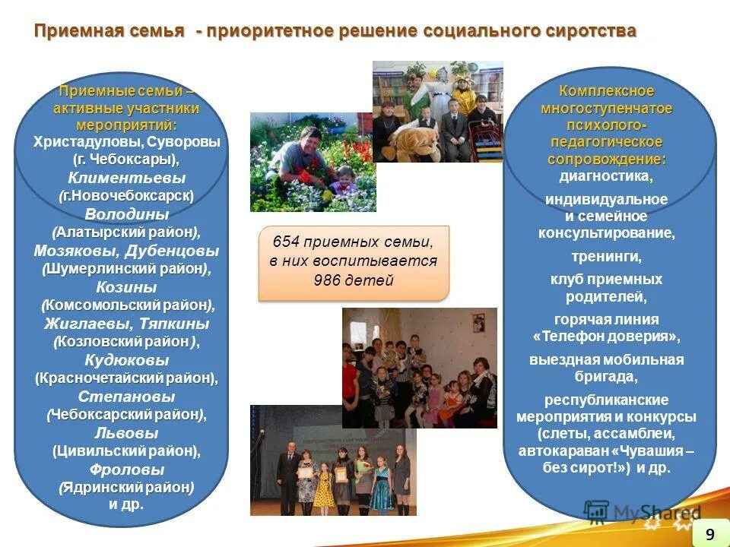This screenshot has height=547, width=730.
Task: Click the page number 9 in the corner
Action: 709,534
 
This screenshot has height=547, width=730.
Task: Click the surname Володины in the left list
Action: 127,214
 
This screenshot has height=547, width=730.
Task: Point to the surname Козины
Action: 127,287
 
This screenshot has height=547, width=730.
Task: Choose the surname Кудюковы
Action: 126,360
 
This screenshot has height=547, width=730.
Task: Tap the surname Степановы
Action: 126,397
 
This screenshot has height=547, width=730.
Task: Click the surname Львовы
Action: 126,433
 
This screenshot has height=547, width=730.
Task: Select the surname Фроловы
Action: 126,469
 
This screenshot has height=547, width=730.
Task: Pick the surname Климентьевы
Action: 127,178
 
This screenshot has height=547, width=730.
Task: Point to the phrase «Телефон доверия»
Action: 606,336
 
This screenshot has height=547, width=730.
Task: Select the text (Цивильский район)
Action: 126,451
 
